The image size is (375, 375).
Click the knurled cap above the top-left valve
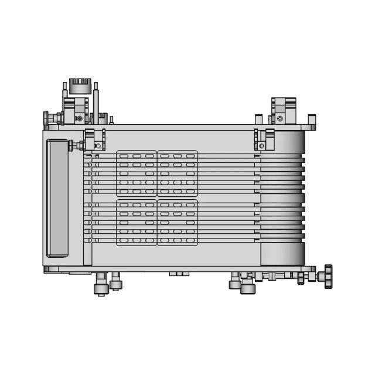pos(79,86)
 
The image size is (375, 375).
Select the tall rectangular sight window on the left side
pos(57,197)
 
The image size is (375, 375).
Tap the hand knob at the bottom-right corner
pos(326,273)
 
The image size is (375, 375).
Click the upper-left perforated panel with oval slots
pos(137,173)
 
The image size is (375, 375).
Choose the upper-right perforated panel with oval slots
pos(178,173)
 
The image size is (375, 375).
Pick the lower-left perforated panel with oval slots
pos(137,222)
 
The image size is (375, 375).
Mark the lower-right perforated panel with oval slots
pos(178,222)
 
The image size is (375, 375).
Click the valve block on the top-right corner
pos(285,110)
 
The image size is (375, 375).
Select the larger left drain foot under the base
pos(101,288)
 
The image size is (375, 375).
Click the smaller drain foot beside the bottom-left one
pos(115,284)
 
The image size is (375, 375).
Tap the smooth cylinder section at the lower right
pos(282,253)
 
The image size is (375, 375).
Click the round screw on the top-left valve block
pos(79,118)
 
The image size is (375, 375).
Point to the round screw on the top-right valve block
pos(280,118)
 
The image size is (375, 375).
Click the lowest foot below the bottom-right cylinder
pos(248,288)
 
